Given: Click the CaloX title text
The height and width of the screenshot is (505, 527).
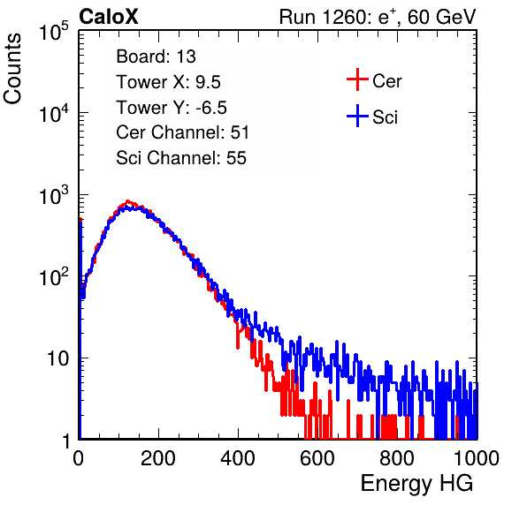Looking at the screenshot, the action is coord(109,17).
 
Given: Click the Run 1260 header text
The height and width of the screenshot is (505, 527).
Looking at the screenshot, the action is coord(378,17).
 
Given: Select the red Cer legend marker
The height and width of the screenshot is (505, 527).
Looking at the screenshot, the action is coord(357,79).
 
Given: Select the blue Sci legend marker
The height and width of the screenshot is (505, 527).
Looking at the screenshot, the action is coord(357,116).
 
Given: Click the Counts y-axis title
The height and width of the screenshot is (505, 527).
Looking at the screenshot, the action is coord(12,68).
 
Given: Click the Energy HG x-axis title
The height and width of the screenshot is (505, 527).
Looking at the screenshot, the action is coord(416,484).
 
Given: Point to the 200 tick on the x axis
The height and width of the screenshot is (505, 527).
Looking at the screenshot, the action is coord(158,458).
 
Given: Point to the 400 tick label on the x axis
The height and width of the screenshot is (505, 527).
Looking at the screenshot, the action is coord(238,458).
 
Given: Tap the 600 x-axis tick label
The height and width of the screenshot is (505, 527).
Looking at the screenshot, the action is coord(317,458).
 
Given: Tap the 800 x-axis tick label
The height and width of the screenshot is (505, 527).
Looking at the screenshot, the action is coord(397,458).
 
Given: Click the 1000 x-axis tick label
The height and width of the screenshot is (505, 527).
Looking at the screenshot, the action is coord(477,458).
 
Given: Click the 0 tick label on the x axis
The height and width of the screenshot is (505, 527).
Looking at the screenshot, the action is coord(79,458).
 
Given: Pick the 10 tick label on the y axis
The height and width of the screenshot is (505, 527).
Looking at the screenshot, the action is coord(58,358).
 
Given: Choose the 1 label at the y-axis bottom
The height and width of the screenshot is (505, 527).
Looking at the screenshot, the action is coord(66,441).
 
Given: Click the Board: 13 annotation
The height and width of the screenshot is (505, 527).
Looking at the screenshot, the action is coord(156,57).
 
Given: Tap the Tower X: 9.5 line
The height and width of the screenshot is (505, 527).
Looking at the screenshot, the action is coord(168,82).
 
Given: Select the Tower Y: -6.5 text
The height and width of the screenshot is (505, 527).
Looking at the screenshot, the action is coord(172,108).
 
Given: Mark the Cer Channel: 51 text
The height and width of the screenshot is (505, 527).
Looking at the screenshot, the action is coord(182,132).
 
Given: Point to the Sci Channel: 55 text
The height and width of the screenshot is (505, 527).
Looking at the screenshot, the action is coord(181,158).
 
